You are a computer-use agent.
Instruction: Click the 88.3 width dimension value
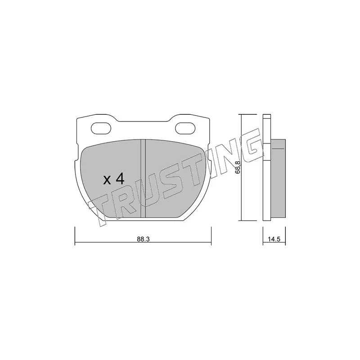143,239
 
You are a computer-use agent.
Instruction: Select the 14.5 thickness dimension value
274,239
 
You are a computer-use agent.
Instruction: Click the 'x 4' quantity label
114,179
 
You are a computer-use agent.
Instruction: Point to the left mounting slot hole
101,128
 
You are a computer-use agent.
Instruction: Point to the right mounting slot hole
185,128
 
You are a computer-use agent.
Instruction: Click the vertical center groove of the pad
143,178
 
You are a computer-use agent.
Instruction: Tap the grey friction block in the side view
278,178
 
